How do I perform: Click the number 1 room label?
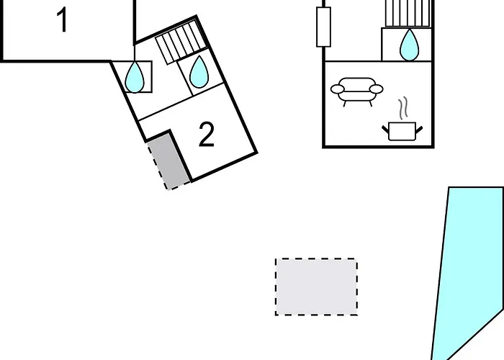(x=63, y=20)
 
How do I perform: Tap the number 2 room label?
(x=207, y=135)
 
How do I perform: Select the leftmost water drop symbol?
(x=135, y=77)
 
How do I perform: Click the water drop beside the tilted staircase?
(x=199, y=72)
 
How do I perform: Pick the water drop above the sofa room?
(x=409, y=45)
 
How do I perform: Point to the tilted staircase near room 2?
(x=181, y=42)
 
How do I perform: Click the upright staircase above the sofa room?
(x=408, y=13)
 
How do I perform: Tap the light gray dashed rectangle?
(x=316, y=287)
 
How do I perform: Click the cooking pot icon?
(x=402, y=131)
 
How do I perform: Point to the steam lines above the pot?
(x=403, y=108)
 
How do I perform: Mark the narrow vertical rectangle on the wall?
(x=324, y=27)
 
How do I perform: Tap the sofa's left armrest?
(x=338, y=89)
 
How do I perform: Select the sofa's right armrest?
(x=376, y=89)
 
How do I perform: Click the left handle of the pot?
(x=385, y=129)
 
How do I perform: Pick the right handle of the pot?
(x=419, y=130)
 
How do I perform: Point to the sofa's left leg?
(x=345, y=104)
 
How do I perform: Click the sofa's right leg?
(x=370, y=104)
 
